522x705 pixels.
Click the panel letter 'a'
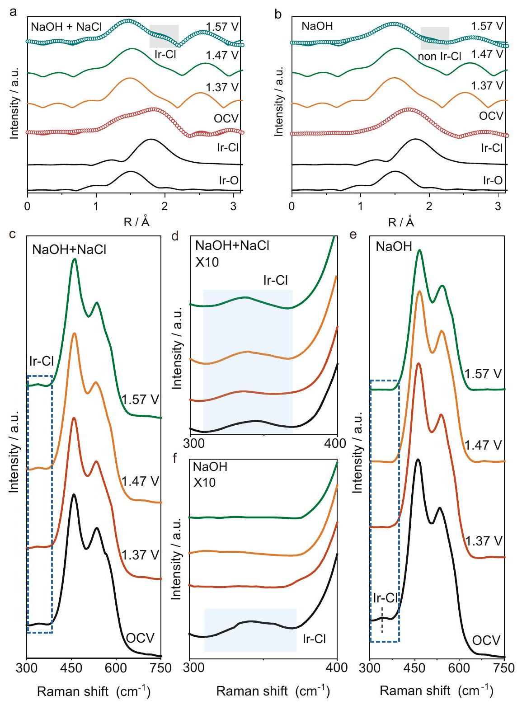pyautogui.click(x=14, y=12)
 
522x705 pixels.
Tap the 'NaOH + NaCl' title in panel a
pyautogui.click(x=66, y=26)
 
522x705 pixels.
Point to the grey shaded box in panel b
pyautogui.click(x=435, y=38)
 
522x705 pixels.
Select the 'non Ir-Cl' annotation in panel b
pyautogui.click(x=439, y=56)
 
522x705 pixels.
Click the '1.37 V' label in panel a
pyautogui.click(x=222, y=87)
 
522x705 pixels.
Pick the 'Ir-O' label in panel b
pyautogui.click(x=493, y=180)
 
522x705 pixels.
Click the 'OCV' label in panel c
pyautogui.click(x=140, y=638)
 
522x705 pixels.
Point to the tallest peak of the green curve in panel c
pyautogui.click(x=74, y=259)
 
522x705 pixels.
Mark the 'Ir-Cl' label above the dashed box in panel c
pyautogui.click(x=41, y=361)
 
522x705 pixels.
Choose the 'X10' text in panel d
pyautogui.click(x=207, y=262)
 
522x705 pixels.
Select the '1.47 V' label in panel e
pyautogui.click(x=483, y=445)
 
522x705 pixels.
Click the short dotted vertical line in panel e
pyautogui.click(x=382, y=620)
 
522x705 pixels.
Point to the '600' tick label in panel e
pyautogui.click(x=460, y=666)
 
